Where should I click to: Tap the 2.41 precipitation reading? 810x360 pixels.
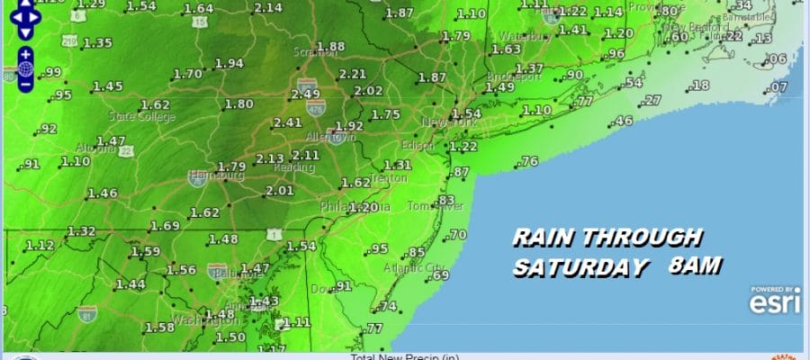click(x=288, y=123)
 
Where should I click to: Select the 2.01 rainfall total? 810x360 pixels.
click(x=280, y=190)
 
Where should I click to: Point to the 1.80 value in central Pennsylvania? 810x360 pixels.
click(x=239, y=104)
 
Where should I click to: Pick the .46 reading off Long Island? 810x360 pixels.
click(x=622, y=121)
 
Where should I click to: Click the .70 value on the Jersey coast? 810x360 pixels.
click(x=458, y=235)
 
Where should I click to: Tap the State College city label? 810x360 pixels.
click(x=139, y=117)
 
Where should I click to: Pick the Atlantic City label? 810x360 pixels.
click(x=406, y=267)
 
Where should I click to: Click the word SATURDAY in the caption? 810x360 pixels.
click(x=580, y=268)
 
